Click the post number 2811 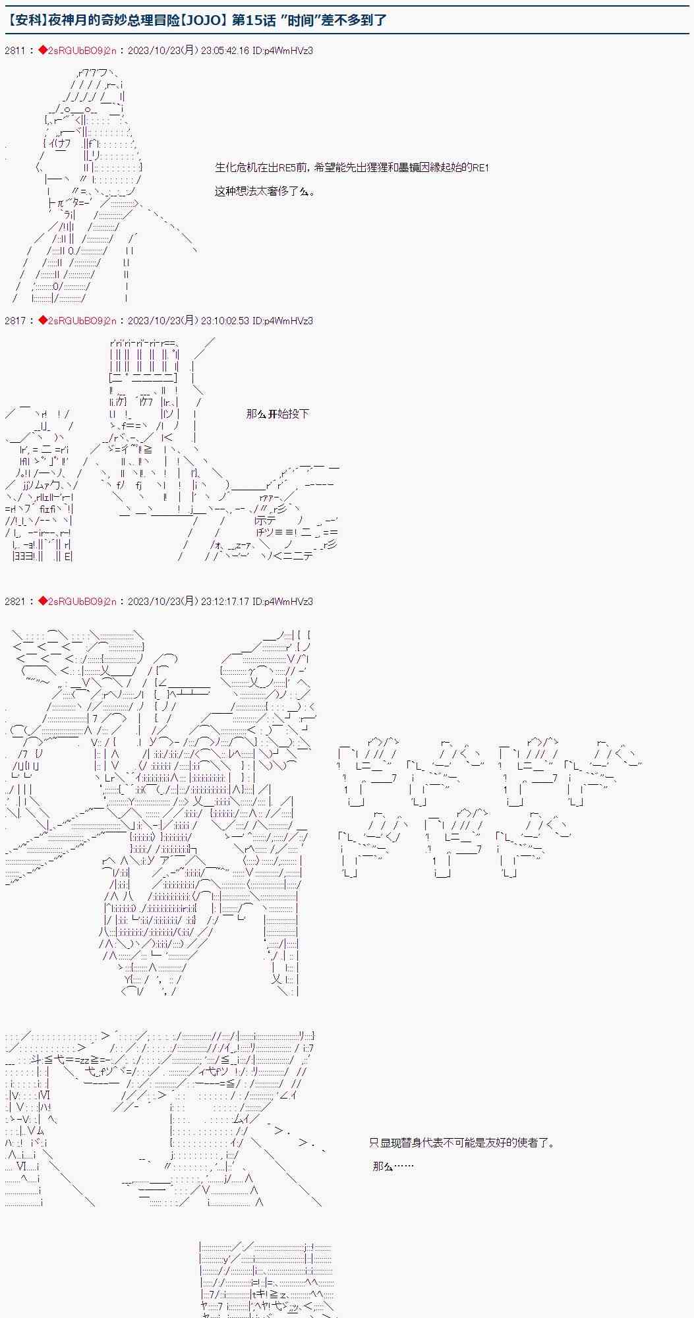[x=15, y=51]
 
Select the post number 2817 [x=15, y=321]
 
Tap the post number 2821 [x=15, y=601]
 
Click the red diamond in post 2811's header [x=43, y=51]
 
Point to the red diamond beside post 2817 [x=43, y=321]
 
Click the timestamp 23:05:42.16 [x=227, y=51]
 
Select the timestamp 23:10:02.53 [x=227, y=321]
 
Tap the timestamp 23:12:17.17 [x=227, y=601]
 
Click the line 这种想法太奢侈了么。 [x=265, y=192]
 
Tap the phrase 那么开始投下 [x=277, y=414]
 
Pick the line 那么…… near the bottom [x=393, y=1166]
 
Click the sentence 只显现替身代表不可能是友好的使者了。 [x=462, y=1142]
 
